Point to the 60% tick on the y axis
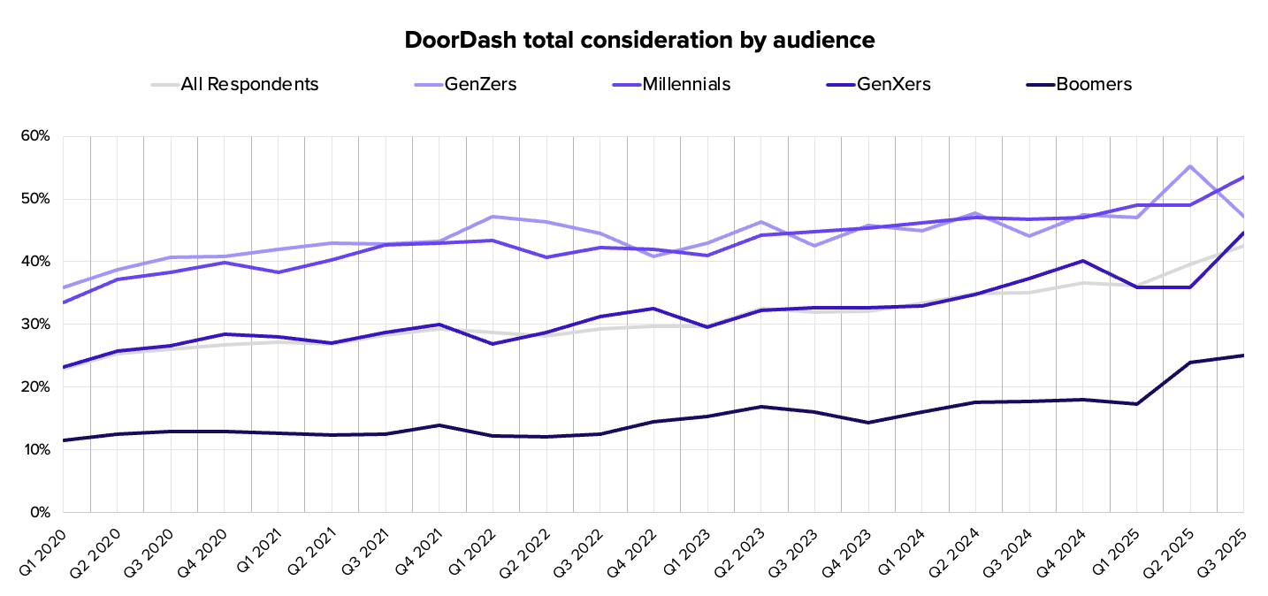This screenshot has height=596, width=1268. [38, 136]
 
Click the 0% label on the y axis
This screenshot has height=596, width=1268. [42, 512]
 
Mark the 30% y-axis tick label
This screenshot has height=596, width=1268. [38, 325]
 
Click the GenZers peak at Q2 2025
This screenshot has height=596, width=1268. [1190, 166]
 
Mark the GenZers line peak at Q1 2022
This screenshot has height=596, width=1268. [493, 217]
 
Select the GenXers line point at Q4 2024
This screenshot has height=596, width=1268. [1083, 261]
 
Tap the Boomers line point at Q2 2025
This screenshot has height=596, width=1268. [1190, 363]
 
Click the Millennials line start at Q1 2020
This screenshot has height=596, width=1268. [64, 302]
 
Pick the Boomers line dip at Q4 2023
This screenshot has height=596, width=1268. [868, 423]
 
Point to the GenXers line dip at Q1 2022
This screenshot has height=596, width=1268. [493, 344]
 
